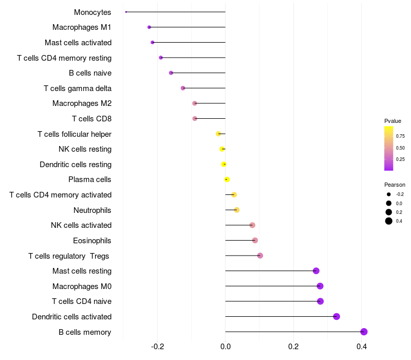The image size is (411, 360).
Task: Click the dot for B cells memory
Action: point(364,332)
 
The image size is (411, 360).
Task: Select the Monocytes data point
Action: point(126,12)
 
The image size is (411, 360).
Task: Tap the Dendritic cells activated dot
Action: point(337,316)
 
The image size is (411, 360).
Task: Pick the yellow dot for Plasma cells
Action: point(227,179)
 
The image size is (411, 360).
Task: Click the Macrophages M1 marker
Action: point(149,27)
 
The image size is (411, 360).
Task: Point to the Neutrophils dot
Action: point(237,210)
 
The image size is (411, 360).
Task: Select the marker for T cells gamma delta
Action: point(183,88)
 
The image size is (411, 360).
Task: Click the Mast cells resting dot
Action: point(316,271)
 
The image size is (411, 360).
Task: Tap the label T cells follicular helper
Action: point(74,134)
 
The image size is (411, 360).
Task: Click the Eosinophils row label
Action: point(92,241)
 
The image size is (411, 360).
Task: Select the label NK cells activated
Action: point(81,225)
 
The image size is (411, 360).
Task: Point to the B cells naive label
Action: point(90,73)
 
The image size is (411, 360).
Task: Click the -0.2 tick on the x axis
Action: point(158,347)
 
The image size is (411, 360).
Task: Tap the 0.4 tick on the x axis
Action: point(362,347)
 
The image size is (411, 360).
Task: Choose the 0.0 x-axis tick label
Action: point(226,347)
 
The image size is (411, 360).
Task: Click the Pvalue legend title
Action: point(393,121)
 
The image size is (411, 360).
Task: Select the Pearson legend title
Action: point(395,185)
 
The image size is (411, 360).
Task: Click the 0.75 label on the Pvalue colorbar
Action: point(400,136)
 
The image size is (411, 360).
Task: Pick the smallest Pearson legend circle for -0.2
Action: point(389,194)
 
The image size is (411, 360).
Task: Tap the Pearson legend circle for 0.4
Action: point(389,221)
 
